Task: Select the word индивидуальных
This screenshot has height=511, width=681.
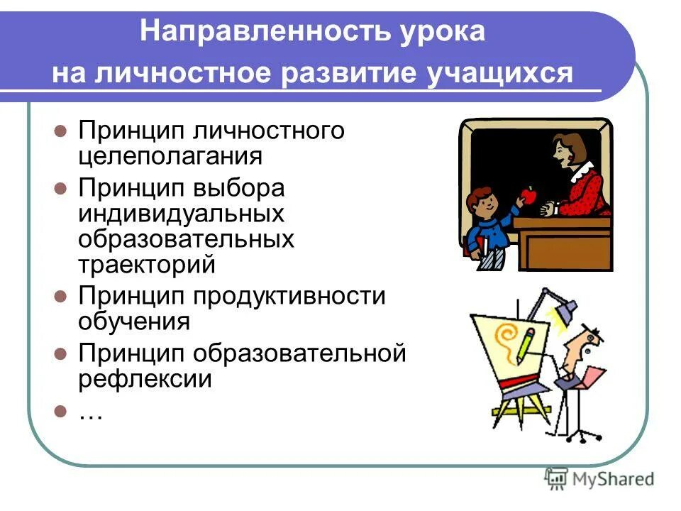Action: [181, 214]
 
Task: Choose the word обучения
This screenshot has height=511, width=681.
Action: [134, 321]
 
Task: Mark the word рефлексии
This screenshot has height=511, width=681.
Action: [145, 378]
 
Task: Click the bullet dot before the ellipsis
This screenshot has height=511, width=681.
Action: [61, 411]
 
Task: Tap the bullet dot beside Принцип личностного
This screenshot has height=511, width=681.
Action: [61, 131]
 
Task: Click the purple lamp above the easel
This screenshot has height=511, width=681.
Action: [567, 309]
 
